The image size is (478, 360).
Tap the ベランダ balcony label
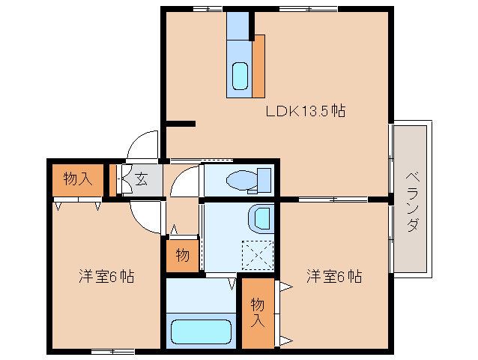pos(412,201)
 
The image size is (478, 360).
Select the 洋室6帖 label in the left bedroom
pos(106,276)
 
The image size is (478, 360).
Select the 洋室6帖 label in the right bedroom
pos(333,276)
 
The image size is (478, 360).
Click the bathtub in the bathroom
pos(200,331)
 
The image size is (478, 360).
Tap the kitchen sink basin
pos(240,76)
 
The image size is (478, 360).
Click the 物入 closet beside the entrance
pos(78,179)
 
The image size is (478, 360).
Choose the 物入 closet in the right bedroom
pos(257,313)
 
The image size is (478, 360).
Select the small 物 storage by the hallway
pos(182,255)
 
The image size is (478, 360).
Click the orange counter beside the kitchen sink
pos(258,66)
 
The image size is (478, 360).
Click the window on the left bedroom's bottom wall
pos(112,350)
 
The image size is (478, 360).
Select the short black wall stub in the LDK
pos(181,123)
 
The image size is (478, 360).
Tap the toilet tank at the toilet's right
pos(263,180)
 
